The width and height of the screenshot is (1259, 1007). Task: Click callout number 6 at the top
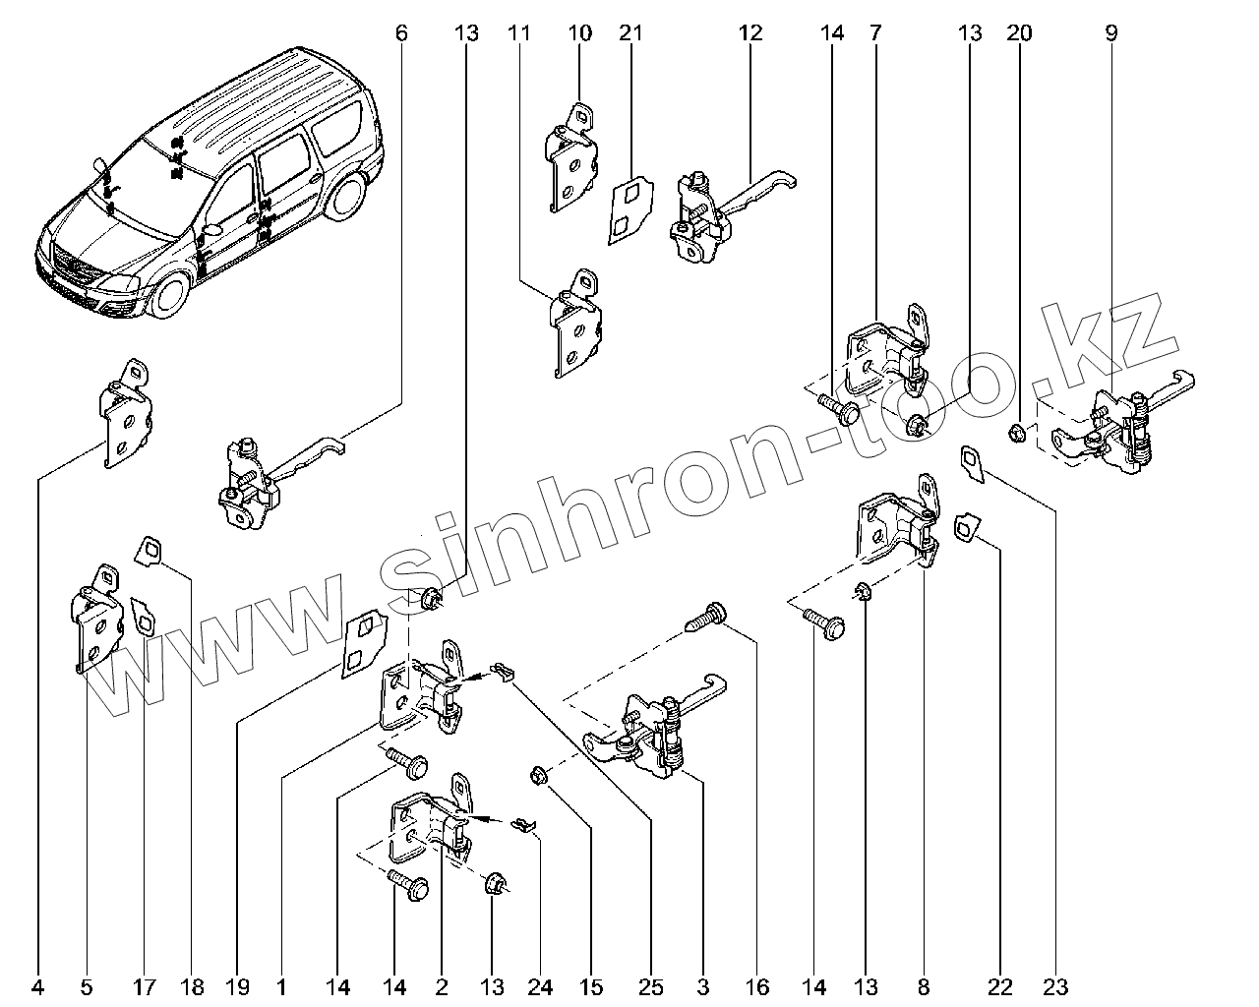[x=400, y=32]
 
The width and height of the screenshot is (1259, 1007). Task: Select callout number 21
[x=630, y=32]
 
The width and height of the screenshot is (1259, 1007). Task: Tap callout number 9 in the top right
[x=1110, y=32]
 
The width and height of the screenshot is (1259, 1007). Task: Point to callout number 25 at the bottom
[x=651, y=984]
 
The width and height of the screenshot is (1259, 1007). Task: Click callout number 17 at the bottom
[x=145, y=984]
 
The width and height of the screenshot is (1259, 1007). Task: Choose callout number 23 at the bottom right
[x=1055, y=984]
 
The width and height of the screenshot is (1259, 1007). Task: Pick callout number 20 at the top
[x=1019, y=32]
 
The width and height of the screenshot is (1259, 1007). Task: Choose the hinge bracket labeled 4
[x=125, y=413]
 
